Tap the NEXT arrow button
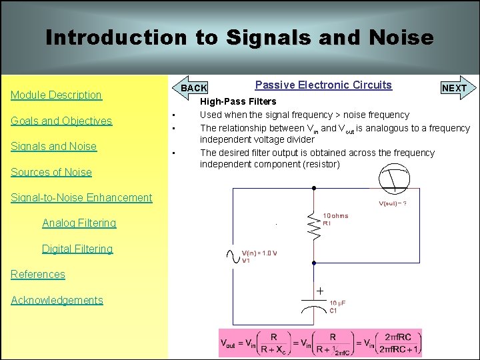[x=454, y=88]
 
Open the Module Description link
[x=57, y=95]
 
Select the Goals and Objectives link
[x=61, y=121]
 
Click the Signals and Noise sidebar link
[x=53, y=147]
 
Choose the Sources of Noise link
[x=51, y=172]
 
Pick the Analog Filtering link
[x=79, y=223]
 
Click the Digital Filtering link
[x=77, y=249]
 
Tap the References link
[x=38, y=274]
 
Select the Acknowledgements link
[x=57, y=300]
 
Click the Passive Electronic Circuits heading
[x=323, y=85]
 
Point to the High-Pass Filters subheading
[x=239, y=102]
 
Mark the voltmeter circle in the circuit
[x=395, y=178]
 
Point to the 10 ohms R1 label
[x=335, y=219]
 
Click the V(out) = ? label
[x=393, y=203]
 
